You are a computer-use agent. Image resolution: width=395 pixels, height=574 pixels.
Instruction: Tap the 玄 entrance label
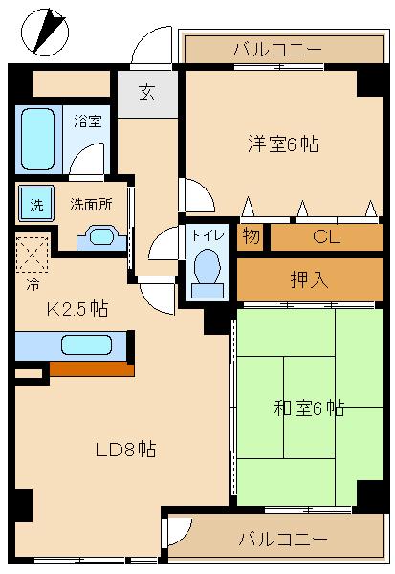(x=146, y=93)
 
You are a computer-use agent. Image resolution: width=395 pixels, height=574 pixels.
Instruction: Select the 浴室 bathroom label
(x=88, y=121)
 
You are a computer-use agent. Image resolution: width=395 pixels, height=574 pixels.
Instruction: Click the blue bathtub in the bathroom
(x=39, y=139)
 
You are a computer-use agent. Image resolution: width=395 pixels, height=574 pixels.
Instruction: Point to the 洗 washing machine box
(x=36, y=204)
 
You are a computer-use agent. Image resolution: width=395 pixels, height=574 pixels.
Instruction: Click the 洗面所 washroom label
(x=91, y=204)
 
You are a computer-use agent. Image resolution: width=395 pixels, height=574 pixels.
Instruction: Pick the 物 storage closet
(x=251, y=236)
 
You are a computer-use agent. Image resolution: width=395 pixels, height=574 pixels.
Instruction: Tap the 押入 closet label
(x=308, y=279)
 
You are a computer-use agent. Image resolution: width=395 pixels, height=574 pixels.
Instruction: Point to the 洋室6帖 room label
(x=282, y=144)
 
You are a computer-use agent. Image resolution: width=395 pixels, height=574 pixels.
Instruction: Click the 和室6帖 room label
(x=309, y=408)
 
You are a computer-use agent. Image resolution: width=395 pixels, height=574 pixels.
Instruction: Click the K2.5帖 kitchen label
(x=77, y=309)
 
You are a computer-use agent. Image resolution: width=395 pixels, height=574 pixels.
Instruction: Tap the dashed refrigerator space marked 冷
(x=33, y=254)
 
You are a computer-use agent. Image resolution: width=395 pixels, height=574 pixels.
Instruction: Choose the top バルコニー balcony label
(x=276, y=49)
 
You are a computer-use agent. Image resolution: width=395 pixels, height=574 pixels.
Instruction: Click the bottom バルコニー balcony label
(x=281, y=539)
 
